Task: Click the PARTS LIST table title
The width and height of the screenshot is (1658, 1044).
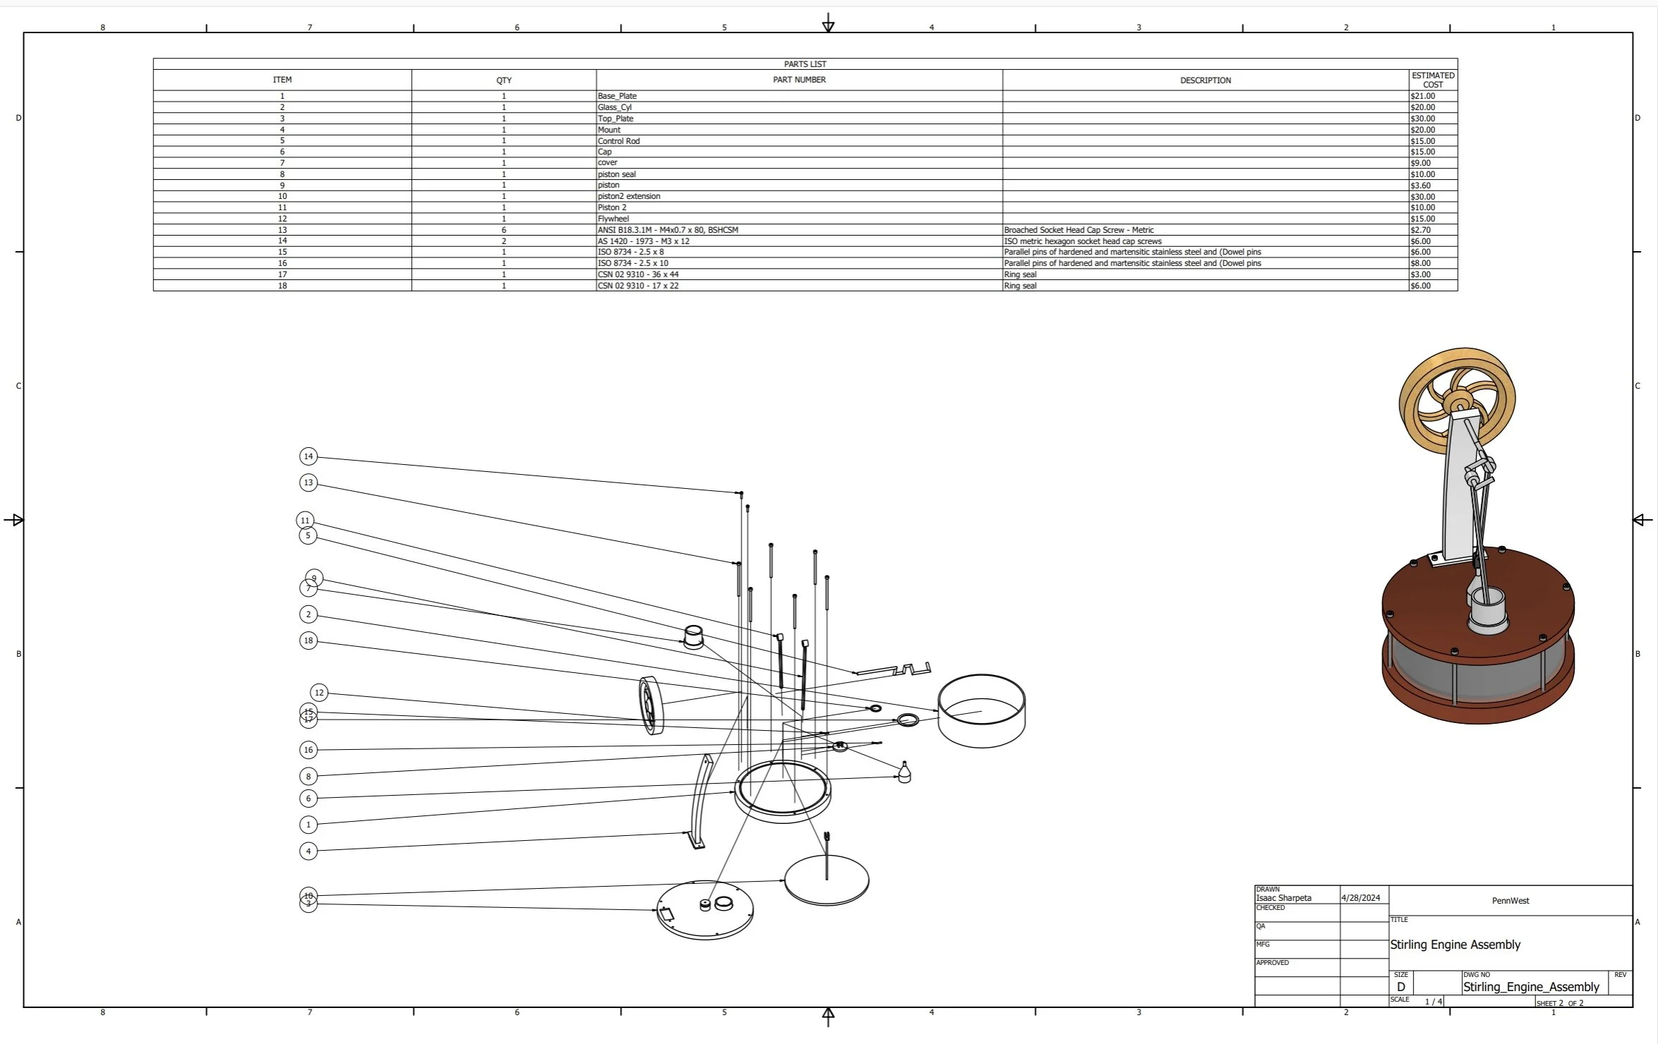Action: click(x=804, y=64)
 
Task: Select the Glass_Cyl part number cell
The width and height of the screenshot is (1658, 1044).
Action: click(x=615, y=107)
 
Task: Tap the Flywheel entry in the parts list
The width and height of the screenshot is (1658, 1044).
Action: click(x=613, y=219)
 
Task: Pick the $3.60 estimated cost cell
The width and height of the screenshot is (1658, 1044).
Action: click(x=1420, y=186)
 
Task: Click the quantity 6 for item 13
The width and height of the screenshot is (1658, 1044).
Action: click(x=504, y=230)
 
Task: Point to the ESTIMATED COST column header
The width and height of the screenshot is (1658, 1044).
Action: click(x=1432, y=80)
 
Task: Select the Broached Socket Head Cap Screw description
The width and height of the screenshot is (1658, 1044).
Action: click(x=1079, y=230)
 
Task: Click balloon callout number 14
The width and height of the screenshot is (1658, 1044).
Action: click(x=308, y=456)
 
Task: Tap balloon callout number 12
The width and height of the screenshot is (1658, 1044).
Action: click(x=319, y=693)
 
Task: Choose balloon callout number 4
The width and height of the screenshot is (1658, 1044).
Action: click(x=308, y=851)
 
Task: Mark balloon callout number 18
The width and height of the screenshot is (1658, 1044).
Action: click(x=308, y=641)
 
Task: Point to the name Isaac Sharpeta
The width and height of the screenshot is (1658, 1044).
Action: click(x=1283, y=898)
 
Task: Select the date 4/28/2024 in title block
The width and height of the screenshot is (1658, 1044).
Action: click(x=1360, y=898)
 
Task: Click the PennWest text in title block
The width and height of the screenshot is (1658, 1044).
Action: click(x=1510, y=901)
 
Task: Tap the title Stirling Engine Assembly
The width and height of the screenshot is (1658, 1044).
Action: click(x=1455, y=945)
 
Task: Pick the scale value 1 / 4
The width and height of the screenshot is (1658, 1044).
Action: click(x=1433, y=1002)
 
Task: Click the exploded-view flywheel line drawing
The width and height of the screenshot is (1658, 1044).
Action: click(x=651, y=705)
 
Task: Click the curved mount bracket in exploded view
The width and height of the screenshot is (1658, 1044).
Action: click(x=699, y=801)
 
